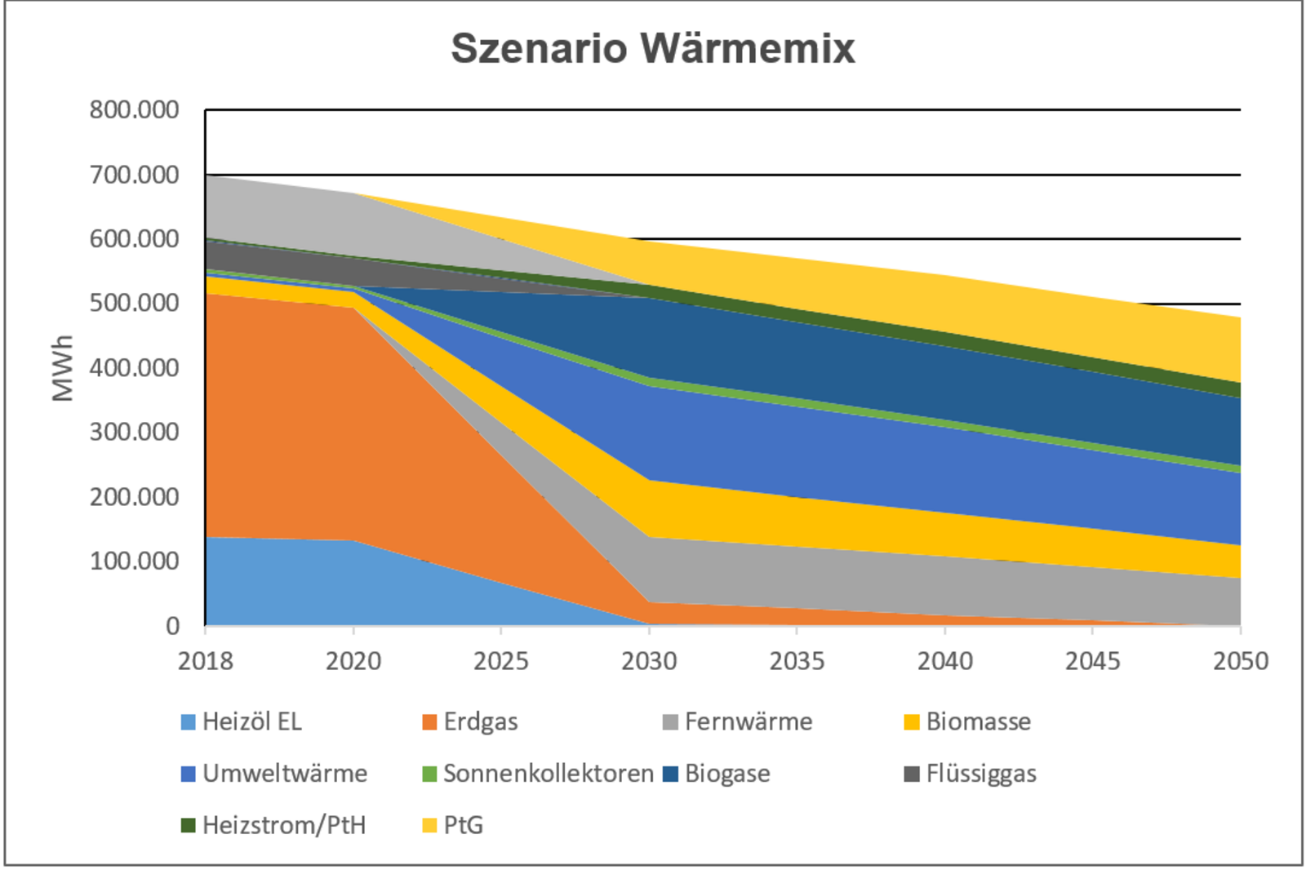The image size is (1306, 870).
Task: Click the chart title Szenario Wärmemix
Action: click(653, 48)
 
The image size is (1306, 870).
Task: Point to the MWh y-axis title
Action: click(63, 368)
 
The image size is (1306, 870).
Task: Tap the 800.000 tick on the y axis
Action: click(135, 110)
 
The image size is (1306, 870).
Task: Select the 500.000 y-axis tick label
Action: click(135, 303)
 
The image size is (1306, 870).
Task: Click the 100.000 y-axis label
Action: click(135, 562)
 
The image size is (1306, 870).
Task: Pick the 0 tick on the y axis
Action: click(172, 626)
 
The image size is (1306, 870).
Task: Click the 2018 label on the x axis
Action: click(206, 660)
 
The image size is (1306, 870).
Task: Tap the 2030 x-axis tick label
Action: click(649, 660)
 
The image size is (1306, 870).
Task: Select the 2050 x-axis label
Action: click(1240, 660)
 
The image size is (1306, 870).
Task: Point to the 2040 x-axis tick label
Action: click(944, 660)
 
